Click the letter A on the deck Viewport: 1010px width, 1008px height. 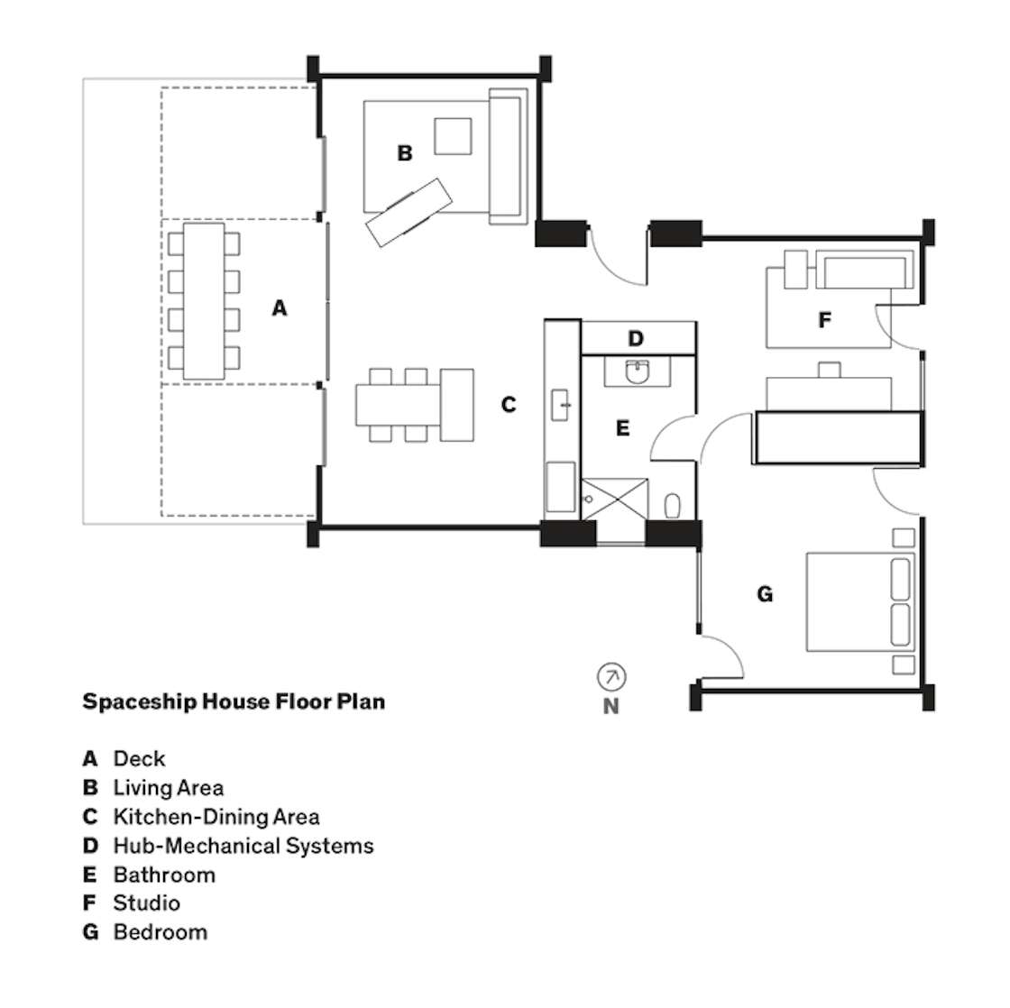click(x=279, y=307)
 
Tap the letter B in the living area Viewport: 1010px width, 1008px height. click(x=405, y=153)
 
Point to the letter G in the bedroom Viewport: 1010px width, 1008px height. click(x=765, y=594)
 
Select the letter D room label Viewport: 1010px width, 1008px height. click(x=636, y=338)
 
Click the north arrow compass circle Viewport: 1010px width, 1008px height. click(x=611, y=677)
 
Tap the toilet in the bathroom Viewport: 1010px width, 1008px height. click(x=673, y=506)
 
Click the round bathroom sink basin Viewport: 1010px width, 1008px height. click(x=637, y=372)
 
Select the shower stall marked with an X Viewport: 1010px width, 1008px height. click(x=614, y=499)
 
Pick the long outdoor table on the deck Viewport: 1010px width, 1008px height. click(x=204, y=301)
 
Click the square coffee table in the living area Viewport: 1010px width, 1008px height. click(x=453, y=136)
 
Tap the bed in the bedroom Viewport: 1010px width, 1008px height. click(x=860, y=601)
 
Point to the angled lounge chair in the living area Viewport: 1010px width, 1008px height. click(x=409, y=213)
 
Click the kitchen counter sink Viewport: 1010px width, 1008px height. click(x=560, y=405)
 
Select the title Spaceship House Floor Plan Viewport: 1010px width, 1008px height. click(x=234, y=701)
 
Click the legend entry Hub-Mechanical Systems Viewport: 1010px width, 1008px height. click(x=243, y=846)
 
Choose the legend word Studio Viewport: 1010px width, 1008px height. click(x=147, y=903)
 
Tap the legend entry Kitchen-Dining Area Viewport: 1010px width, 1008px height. click(x=216, y=817)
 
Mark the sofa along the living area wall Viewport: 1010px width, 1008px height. click(x=509, y=157)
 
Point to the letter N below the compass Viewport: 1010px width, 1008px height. click(x=611, y=707)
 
